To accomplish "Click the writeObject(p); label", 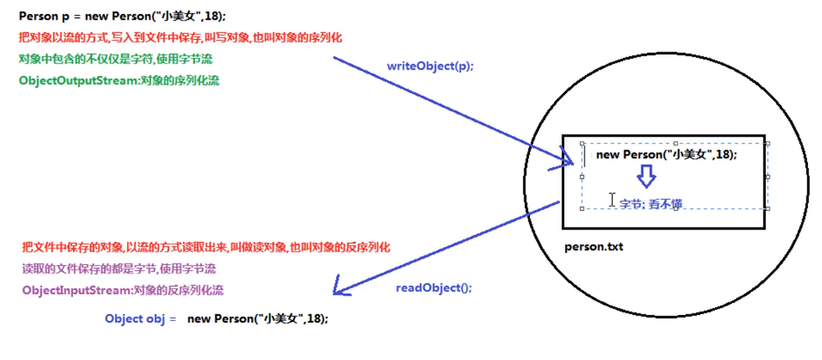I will point(430,66).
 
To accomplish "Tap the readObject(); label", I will point(433,288).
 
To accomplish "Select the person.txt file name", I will point(593,246).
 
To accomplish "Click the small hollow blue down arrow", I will point(646,176).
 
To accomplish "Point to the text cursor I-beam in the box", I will point(612,200).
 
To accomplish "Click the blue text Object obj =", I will point(141,319).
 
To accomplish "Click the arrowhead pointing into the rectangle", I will point(570,159).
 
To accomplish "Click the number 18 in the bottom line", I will point(314,319).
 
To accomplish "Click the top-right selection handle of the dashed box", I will point(767,144).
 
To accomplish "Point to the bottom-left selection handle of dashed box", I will point(582,209).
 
